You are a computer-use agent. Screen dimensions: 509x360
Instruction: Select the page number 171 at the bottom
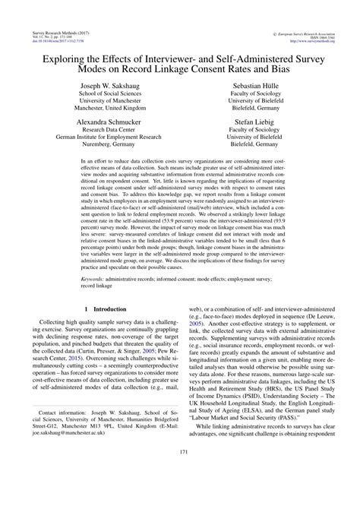(x=180, y=495)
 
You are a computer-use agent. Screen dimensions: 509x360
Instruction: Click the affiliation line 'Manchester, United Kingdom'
(x=113, y=109)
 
